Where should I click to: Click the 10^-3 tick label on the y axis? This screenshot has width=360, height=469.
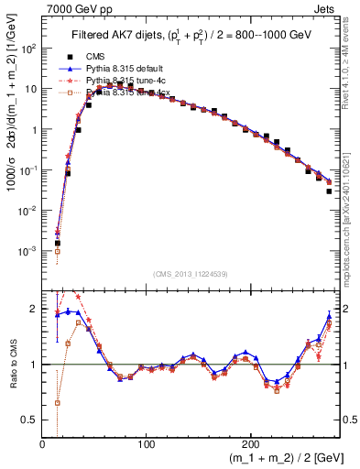tap(30, 250)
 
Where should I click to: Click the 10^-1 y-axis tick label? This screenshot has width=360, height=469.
tap(30, 169)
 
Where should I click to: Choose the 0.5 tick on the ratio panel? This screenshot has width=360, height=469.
tap(32, 419)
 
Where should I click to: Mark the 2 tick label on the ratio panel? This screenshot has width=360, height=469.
tap(35, 309)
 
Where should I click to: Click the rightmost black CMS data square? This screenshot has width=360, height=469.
tap(329, 191)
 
